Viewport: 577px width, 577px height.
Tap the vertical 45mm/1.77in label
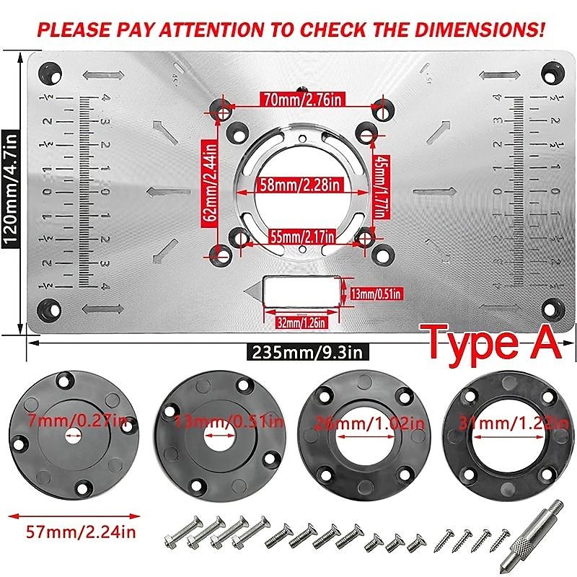(x=378, y=185)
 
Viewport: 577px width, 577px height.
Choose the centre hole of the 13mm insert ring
(x=216, y=437)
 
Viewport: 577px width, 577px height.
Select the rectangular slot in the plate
(x=301, y=294)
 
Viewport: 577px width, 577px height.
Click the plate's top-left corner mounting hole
(x=50, y=71)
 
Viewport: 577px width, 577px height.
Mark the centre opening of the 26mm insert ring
(x=361, y=436)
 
